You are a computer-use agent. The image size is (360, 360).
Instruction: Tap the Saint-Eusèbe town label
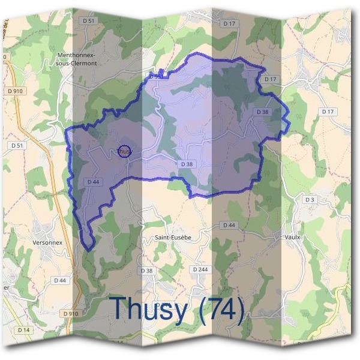(173, 238)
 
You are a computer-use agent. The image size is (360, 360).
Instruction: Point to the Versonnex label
(52, 242)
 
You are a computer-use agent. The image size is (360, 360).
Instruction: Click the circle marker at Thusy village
(124, 152)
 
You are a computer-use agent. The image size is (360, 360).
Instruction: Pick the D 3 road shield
(310, 199)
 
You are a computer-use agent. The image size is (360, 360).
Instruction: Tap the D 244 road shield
(200, 269)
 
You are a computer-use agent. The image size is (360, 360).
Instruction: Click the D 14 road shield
(23, 329)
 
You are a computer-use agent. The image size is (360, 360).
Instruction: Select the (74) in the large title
(222, 309)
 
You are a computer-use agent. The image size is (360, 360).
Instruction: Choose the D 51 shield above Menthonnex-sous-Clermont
(89, 21)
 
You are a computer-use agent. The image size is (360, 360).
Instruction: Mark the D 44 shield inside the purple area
(92, 182)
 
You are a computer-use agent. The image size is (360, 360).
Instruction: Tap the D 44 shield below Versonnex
(60, 280)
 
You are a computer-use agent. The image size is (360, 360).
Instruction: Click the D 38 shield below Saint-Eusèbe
(148, 271)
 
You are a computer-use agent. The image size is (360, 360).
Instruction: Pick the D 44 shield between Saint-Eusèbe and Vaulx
(228, 225)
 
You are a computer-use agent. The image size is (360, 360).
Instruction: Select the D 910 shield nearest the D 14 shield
(70, 313)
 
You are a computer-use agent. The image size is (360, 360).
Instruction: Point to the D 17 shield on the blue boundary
(270, 79)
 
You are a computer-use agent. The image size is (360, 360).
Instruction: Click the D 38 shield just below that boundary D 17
(262, 112)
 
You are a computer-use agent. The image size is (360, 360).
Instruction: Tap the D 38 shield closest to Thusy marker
(186, 164)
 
